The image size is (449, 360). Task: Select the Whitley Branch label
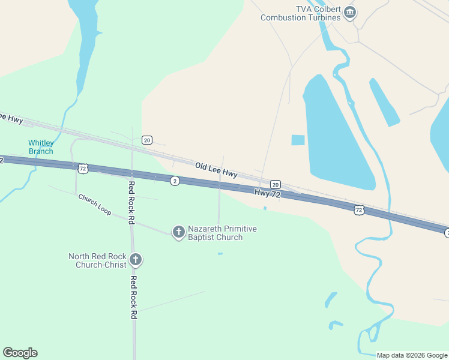pos(41,147)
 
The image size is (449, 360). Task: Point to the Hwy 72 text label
pos(267,193)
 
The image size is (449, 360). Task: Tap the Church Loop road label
pos(94,205)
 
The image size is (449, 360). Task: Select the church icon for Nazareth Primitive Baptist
pos(178,232)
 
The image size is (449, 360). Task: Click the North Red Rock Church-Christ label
pos(97,260)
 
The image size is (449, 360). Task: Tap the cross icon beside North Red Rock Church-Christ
pos(136,260)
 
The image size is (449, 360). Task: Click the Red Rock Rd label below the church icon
pos(134,298)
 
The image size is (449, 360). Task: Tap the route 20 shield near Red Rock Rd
pos(147,140)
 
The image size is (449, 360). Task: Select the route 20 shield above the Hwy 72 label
pos(275,184)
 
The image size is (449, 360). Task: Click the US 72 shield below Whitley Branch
pos(83,169)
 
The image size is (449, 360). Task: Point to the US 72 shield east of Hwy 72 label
pos(358,209)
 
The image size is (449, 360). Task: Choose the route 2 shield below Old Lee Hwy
pos(175,181)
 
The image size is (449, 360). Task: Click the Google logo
pos(20,353)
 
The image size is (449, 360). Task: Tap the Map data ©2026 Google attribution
pos(412,355)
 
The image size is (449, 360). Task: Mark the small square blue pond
pos(298,140)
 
